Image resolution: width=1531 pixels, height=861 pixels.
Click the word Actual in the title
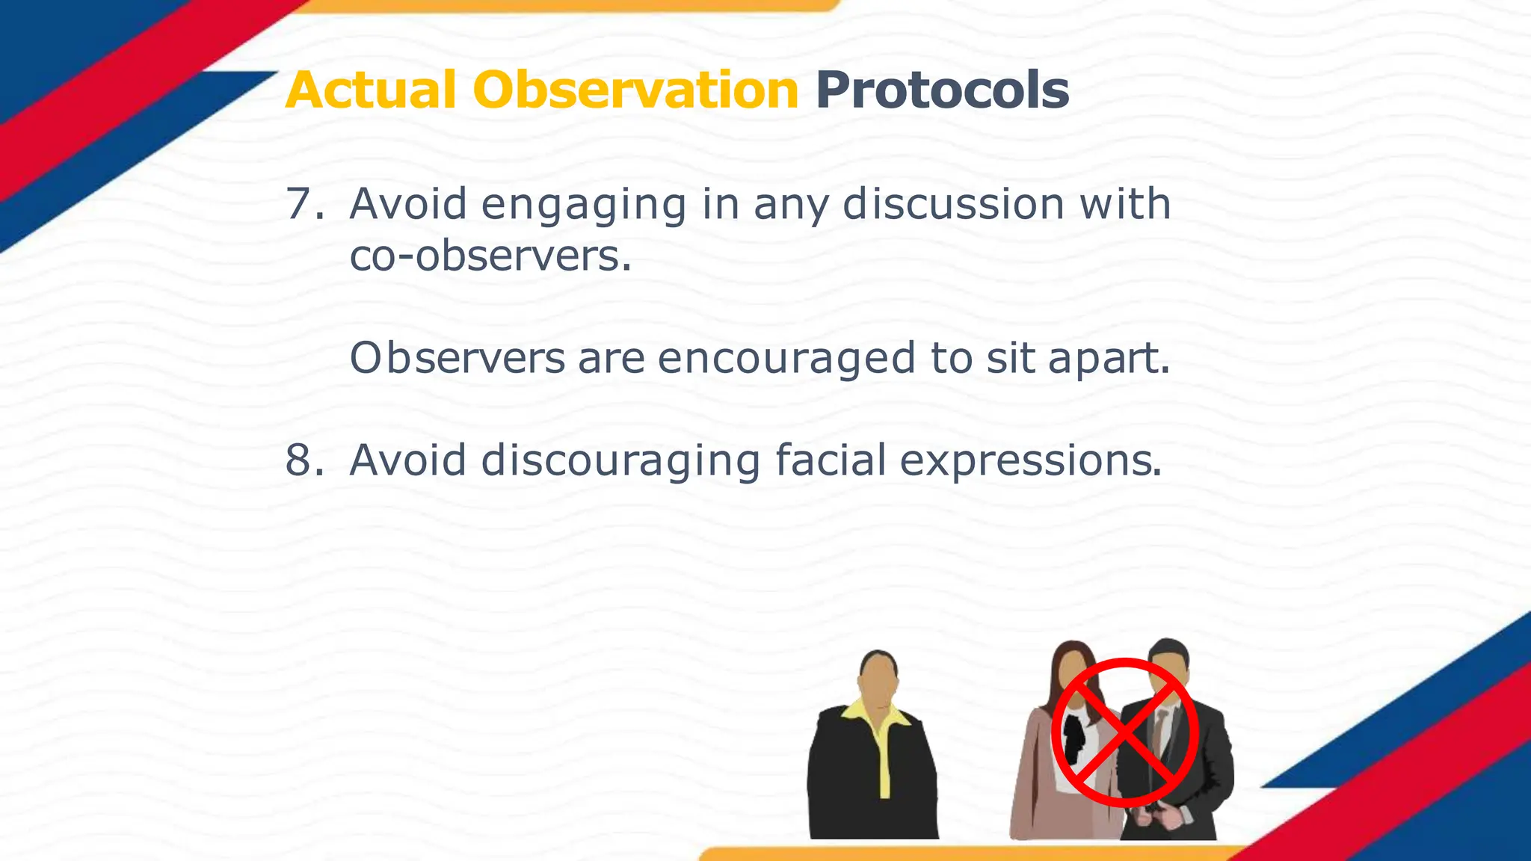(x=370, y=90)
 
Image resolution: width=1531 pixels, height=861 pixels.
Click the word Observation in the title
(x=635, y=90)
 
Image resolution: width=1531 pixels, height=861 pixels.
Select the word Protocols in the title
(x=942, y=90)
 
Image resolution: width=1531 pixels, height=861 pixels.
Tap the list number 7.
(x=302, y=203)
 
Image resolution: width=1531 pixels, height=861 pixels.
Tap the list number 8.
(x=302, y=460)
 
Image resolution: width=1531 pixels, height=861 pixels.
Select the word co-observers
(x=490, y=256)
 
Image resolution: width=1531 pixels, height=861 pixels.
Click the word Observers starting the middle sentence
(x=458, y=357)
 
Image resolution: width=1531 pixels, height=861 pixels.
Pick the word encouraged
(x=786, y=359)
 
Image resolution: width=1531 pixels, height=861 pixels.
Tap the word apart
(x=1108, y=359)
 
